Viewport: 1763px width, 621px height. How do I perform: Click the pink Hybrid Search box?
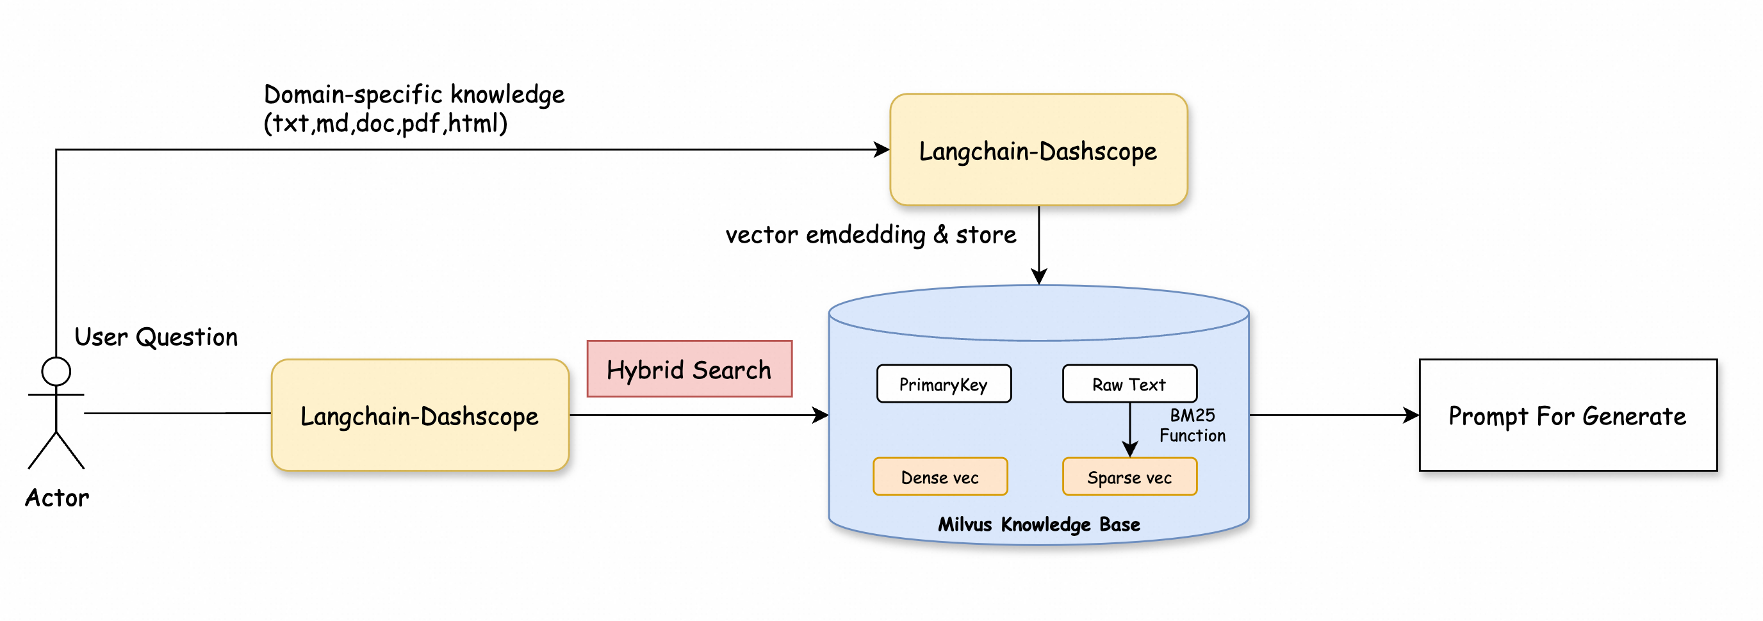pos(689,369)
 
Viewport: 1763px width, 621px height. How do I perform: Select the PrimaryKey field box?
pos(943,384)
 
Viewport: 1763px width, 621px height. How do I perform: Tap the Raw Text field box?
pos(1129,384)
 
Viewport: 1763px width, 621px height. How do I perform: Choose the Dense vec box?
pos(940,478)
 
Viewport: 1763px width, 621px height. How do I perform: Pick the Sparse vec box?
pos(1129,478)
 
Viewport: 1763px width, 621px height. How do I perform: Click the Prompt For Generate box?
pos(1567,415)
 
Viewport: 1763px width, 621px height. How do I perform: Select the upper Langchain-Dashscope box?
pos(1038,150)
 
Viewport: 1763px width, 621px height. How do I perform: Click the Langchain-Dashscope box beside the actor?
pos(420,415)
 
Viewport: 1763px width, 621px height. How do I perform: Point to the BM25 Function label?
pos(1192,425)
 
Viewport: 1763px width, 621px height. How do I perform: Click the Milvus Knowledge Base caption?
pos(1038,524)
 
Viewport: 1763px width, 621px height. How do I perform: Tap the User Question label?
pos(156,337)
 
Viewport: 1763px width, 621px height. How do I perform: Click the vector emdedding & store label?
pos(871,234)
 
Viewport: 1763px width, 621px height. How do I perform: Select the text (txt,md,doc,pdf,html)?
pos(385,124)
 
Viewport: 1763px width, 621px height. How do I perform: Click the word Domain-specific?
pos(352,94)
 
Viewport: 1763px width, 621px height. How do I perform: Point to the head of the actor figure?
pos(56,371)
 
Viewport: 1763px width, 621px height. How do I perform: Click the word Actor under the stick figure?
pos(57,498)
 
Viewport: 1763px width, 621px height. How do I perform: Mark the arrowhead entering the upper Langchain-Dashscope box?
pos(883,150)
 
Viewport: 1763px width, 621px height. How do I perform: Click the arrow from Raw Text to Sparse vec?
pos(1130,428)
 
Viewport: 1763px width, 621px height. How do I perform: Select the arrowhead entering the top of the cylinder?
pos(1039,277)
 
